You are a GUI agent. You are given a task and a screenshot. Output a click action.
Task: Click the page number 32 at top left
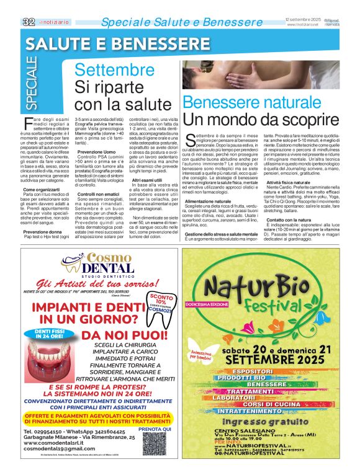[28, 22]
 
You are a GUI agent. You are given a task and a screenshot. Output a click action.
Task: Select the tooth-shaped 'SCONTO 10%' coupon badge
[164, 308]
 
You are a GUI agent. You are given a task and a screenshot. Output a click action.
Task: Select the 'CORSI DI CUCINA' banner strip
[278, 404]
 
